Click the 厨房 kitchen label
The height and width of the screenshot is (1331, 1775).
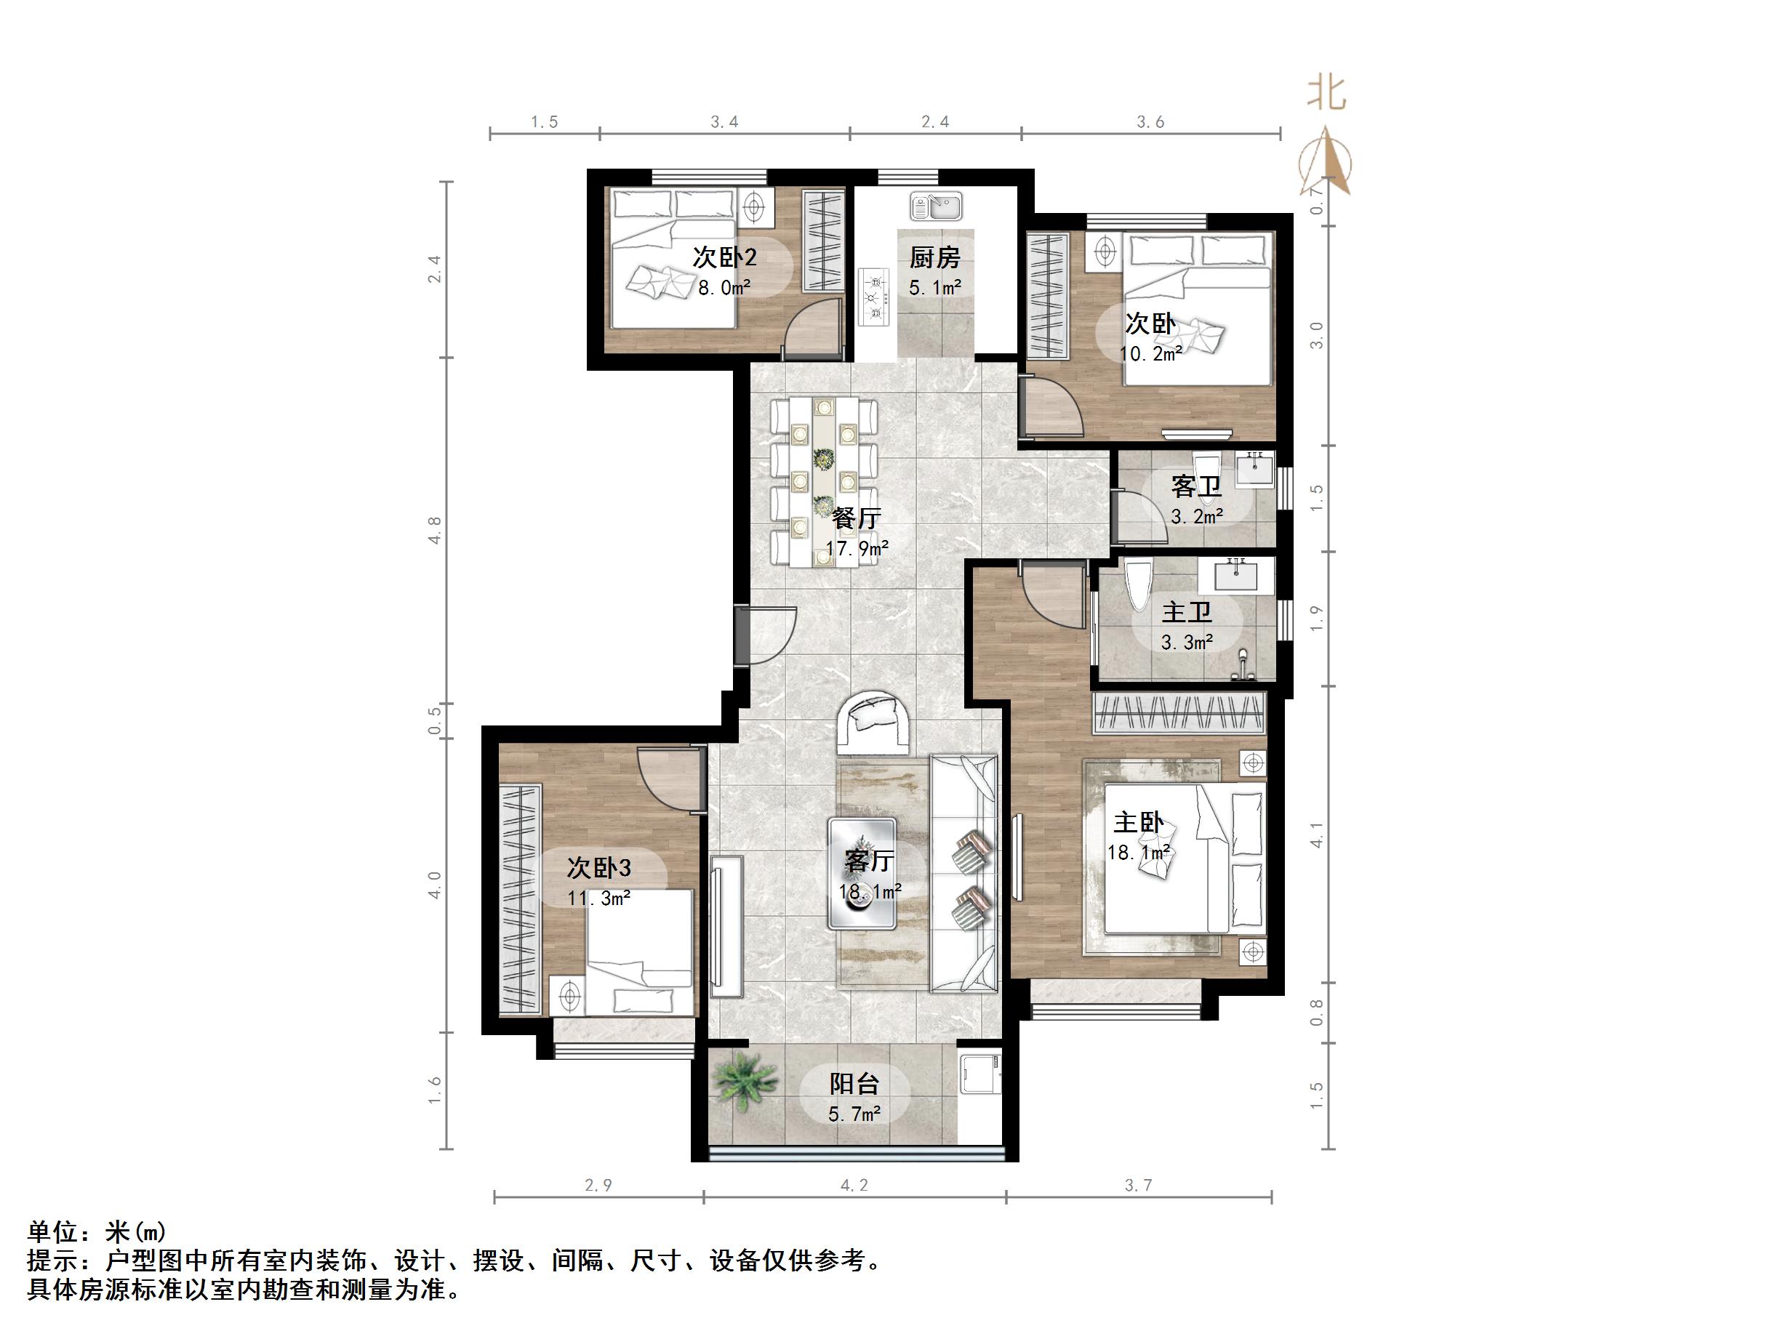934,257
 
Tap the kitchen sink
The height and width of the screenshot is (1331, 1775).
936,206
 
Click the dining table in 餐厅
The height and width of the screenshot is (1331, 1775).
823,481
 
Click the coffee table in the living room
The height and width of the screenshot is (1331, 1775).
862,873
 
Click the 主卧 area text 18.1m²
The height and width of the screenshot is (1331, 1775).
1139,853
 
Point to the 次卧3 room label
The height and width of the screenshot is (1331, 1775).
598,867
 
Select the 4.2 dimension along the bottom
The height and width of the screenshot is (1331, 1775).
854,1185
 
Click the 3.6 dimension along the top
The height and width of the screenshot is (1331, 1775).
1150,122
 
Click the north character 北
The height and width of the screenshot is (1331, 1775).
1326,93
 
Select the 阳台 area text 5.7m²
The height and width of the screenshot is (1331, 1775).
854,1114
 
